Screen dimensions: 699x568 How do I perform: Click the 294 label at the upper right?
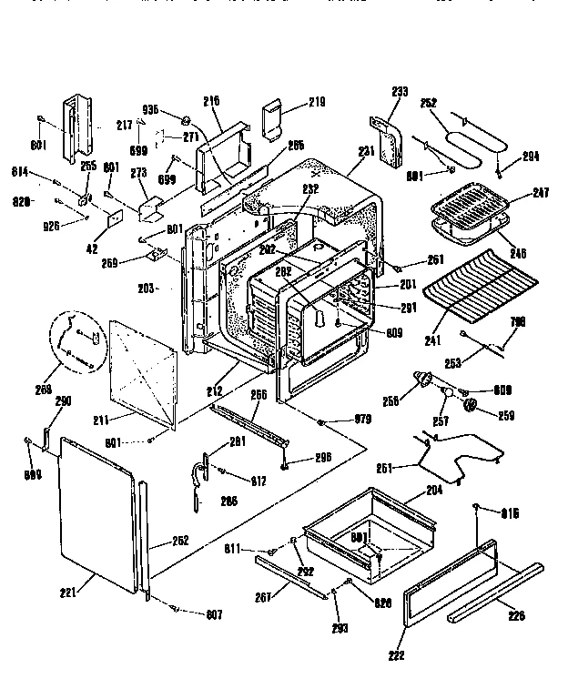[531, 157]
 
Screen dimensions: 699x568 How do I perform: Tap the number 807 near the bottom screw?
[214, 614]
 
